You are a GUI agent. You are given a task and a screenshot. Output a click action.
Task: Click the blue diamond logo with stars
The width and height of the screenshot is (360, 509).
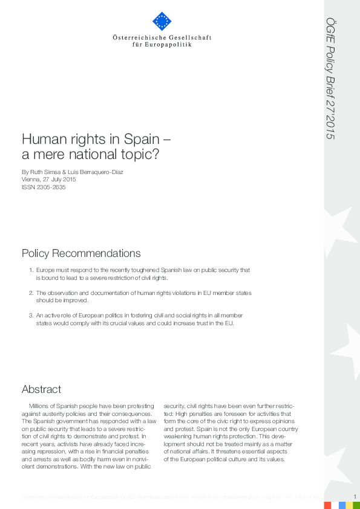pos(162,22)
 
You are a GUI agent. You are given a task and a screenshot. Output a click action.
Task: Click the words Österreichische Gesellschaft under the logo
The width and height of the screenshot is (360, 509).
pos(162,37)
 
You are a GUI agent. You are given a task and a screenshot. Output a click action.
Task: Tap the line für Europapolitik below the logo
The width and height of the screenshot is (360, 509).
pos(162,45)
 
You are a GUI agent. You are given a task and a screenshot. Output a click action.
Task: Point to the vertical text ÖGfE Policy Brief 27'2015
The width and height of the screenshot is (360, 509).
pos(330,73)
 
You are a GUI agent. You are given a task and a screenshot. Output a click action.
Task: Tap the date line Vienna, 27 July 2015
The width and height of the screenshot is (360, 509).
pos(49,180)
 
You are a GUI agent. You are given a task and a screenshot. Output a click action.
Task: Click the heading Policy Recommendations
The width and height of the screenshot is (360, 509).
pos(81,253)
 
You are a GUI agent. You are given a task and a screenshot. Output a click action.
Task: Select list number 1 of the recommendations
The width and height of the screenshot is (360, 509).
pos(31,270)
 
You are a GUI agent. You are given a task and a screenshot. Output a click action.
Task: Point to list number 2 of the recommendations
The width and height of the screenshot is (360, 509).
pos(31,293)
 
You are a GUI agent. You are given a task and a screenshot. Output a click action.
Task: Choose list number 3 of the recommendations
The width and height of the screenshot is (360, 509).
pos(31,316)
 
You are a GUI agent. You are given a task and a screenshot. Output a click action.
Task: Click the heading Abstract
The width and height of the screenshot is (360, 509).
pos(41,389)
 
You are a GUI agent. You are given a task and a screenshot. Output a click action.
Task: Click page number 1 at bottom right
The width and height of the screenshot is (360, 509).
pos(355,496)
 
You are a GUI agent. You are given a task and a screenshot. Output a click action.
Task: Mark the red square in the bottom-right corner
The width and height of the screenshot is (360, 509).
pos(327,505)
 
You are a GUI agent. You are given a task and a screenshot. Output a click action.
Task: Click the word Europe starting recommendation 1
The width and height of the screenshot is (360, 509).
pos(46,270)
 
